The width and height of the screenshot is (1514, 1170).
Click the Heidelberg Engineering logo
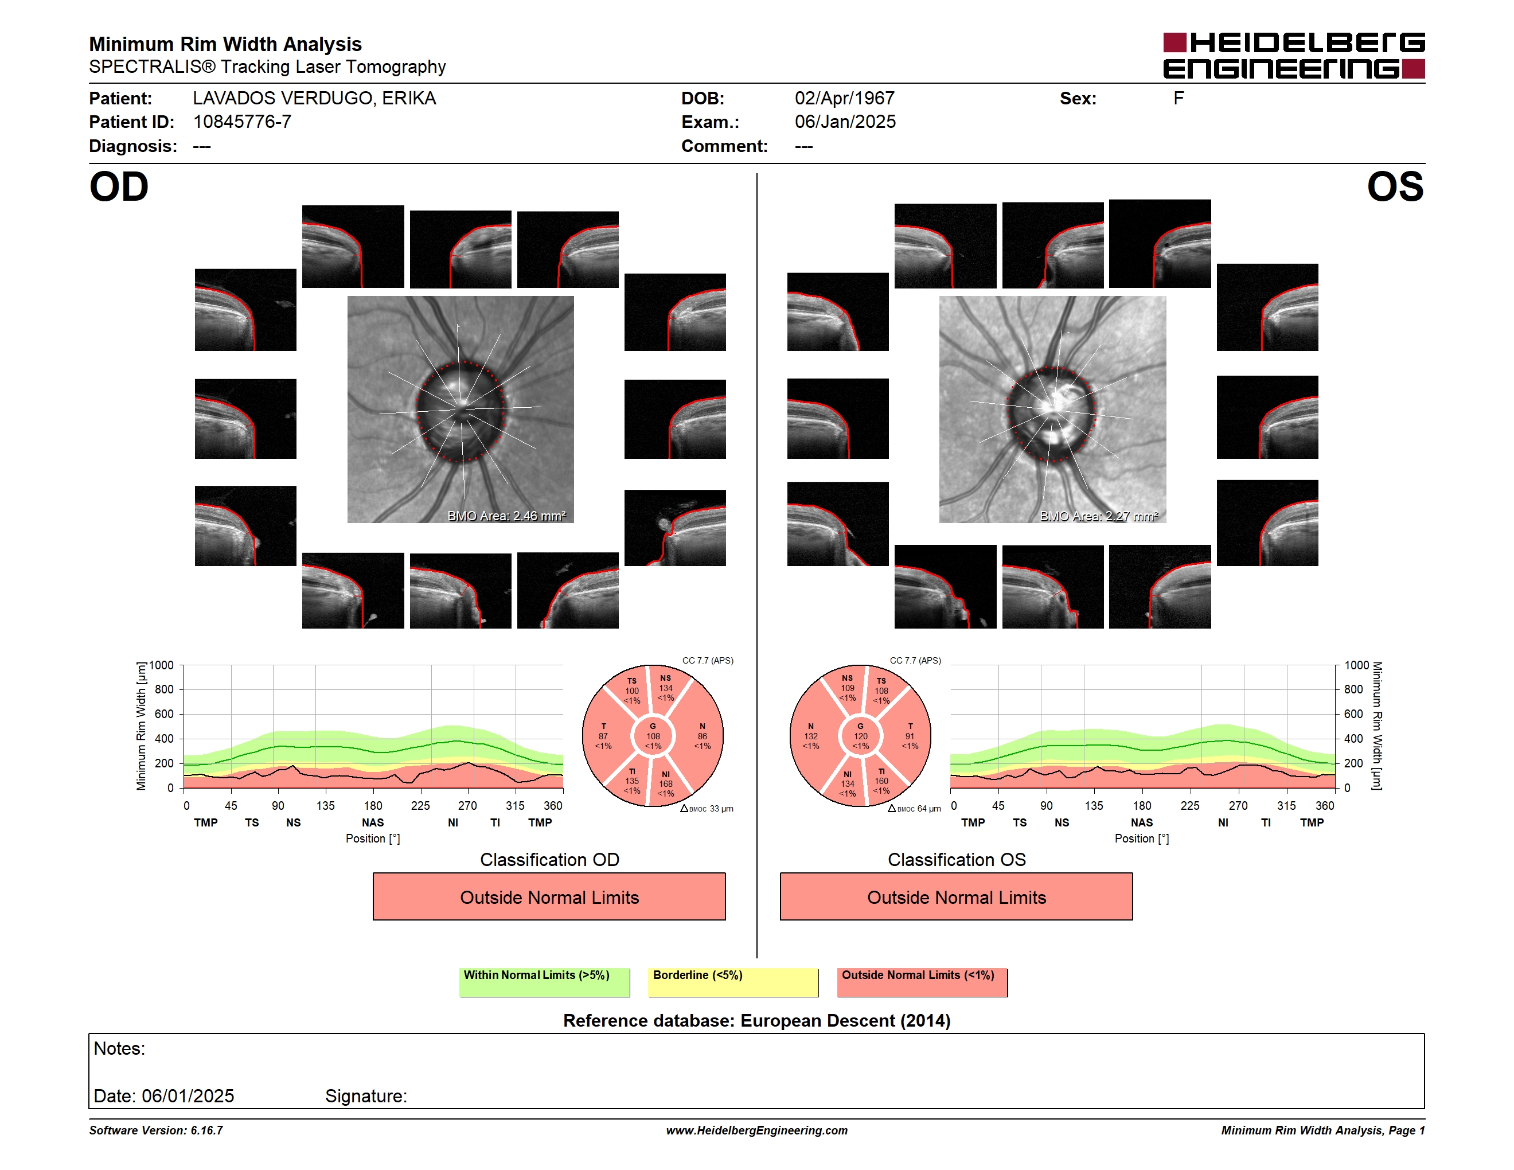pyautogui.click(x=1294, y=56)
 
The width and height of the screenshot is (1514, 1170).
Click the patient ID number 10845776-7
pyautogui.click(x=242, y=122)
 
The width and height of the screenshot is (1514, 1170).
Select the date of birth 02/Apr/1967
pyautogui.click(x=844, y=99)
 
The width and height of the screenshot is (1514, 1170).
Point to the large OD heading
pyautogui.click(x=119, y=187)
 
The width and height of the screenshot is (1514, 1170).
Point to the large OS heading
pyautogui.click(x=1395, y=187)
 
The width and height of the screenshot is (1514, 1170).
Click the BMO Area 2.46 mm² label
pyautogui.click(x=506, y=516)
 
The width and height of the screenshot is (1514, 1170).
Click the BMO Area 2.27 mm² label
pyautogui.click(x=1099, y=516)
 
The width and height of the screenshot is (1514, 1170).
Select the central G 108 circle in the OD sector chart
pyautogui.click(x=653, y=736)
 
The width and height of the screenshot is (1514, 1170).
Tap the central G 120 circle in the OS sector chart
pyautogui.click(x=860, y=736)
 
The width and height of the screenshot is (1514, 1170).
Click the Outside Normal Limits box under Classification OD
pyautogui.click(x=549, y=897)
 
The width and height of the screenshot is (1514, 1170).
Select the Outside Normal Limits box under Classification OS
pyautogui.click(x=956, y=897)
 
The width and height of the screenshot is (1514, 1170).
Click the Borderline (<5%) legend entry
pyautogui.click(x=733, y=982)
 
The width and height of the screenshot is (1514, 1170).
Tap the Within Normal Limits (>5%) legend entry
pyautogui.click(x=544, y=982)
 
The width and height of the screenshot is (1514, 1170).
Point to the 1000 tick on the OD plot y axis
pyautogui.click(x=162, y=665)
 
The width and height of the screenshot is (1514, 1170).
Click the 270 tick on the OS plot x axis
pyautogui.click(x=1238, y=805)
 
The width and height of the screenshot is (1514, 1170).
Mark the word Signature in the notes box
pyautogui.click(x=365, y=1096)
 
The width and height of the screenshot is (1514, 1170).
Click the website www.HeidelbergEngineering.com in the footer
pyautogui.click(x=757, y=1130)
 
